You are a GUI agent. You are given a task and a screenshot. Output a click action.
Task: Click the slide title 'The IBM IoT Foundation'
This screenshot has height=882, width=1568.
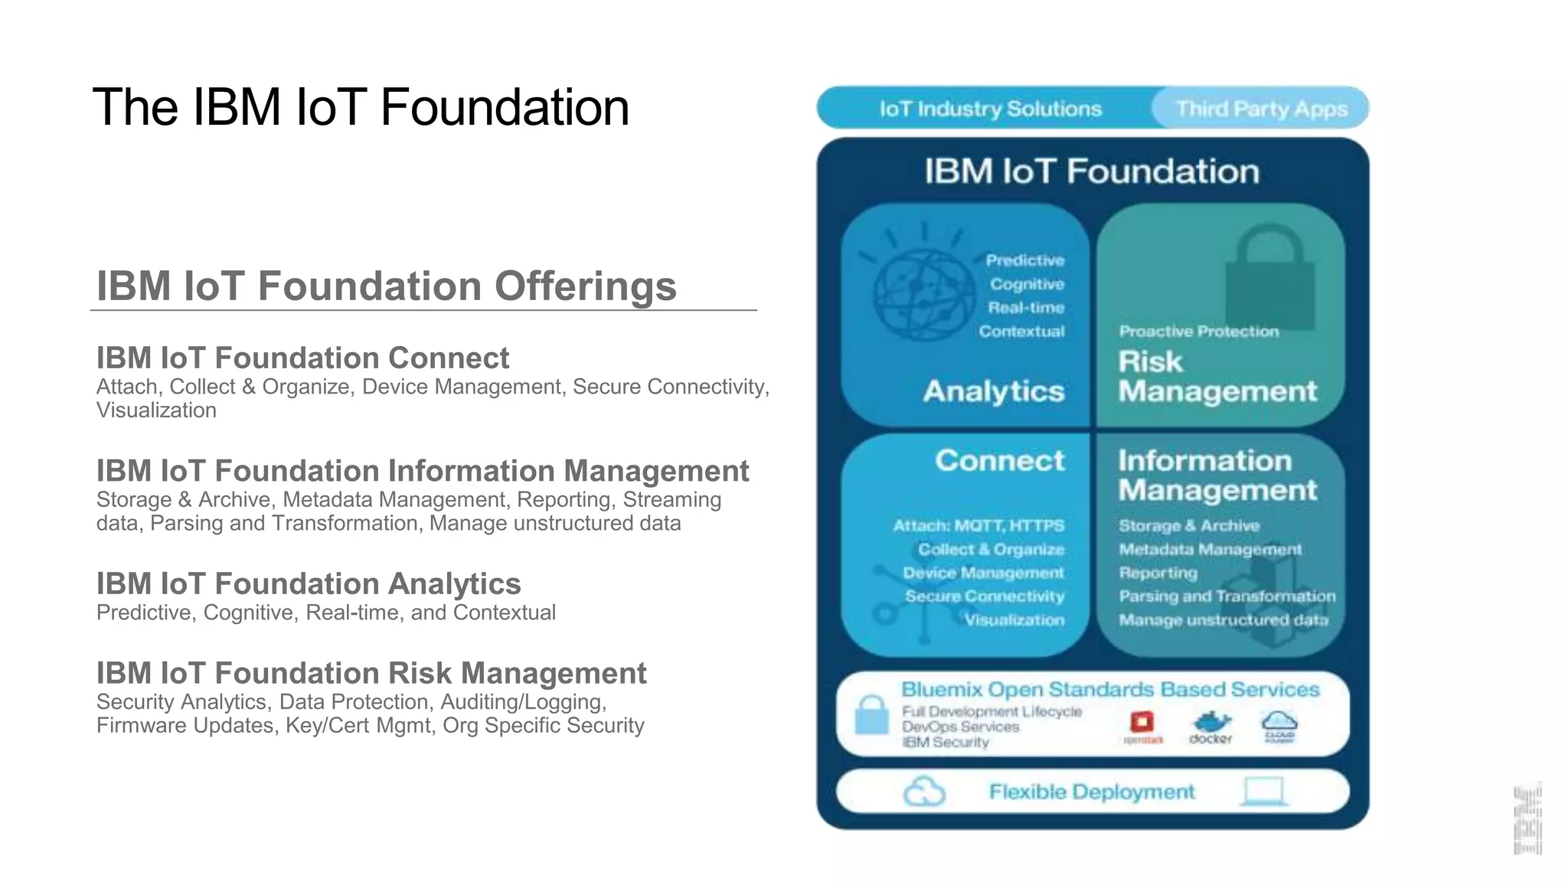pos(361,107)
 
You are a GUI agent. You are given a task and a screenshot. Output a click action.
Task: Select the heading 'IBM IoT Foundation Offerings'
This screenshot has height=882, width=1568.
pos(386,286)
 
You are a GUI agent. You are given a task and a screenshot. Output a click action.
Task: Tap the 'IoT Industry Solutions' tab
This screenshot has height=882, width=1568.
pos(990,109)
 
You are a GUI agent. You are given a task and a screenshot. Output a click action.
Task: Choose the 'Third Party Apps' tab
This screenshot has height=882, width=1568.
pos(1262,109)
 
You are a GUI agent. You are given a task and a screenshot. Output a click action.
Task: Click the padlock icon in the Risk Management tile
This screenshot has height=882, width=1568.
pos(1269,279)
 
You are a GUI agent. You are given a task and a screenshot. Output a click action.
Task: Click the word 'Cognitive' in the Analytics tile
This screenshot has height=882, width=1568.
pos(1027,284)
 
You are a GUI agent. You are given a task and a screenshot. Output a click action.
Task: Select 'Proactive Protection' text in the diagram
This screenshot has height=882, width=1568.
pos(1199,332)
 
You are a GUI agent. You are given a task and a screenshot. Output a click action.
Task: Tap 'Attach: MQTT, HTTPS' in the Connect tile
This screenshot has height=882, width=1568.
pos(978,526)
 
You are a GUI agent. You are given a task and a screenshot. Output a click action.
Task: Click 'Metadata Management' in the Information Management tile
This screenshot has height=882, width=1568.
pos(1210,550)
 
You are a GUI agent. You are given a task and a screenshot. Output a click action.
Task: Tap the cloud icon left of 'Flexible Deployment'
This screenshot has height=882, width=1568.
pos(924,792)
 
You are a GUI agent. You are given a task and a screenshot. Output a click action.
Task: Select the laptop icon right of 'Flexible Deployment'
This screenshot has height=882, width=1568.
pos(1263,791)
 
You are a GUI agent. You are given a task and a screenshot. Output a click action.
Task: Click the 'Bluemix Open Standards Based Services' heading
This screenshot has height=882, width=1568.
pos(1110,690)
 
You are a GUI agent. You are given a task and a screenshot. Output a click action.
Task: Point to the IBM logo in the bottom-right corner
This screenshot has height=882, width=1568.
pos(1527,819)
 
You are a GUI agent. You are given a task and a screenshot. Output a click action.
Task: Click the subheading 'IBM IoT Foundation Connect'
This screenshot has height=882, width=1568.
pos(302,358)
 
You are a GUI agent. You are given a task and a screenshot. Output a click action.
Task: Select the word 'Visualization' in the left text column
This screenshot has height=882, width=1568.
pos(156,410)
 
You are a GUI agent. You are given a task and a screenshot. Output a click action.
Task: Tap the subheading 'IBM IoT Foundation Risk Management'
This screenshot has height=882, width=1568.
pos(371,673)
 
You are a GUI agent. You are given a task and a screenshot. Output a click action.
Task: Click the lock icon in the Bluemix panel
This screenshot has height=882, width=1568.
pos(871,715)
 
